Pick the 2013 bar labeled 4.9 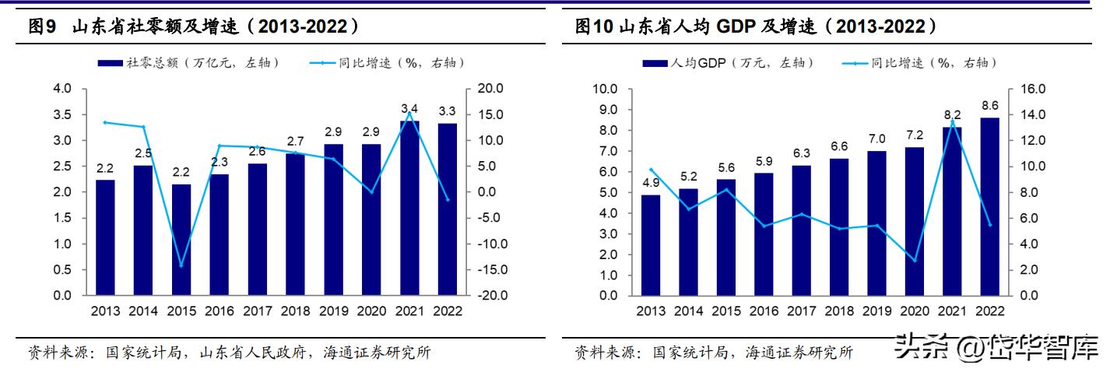(651, 245)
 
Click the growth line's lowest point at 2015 (181, 265)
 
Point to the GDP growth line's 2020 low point (915, 260)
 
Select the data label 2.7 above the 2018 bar (295, 142)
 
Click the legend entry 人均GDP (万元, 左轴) (728, 62)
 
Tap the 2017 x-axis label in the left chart (257, 311)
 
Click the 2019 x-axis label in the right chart (876, 311)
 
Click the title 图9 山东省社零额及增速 (195, 27)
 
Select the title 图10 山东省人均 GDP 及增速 (755, 27)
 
